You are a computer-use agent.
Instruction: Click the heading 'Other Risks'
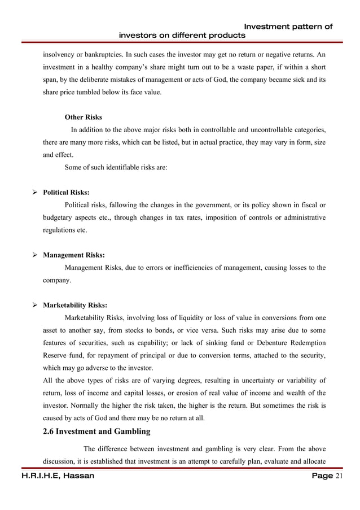(x=84, y=117)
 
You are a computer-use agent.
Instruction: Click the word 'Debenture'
(x=280, y=343)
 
